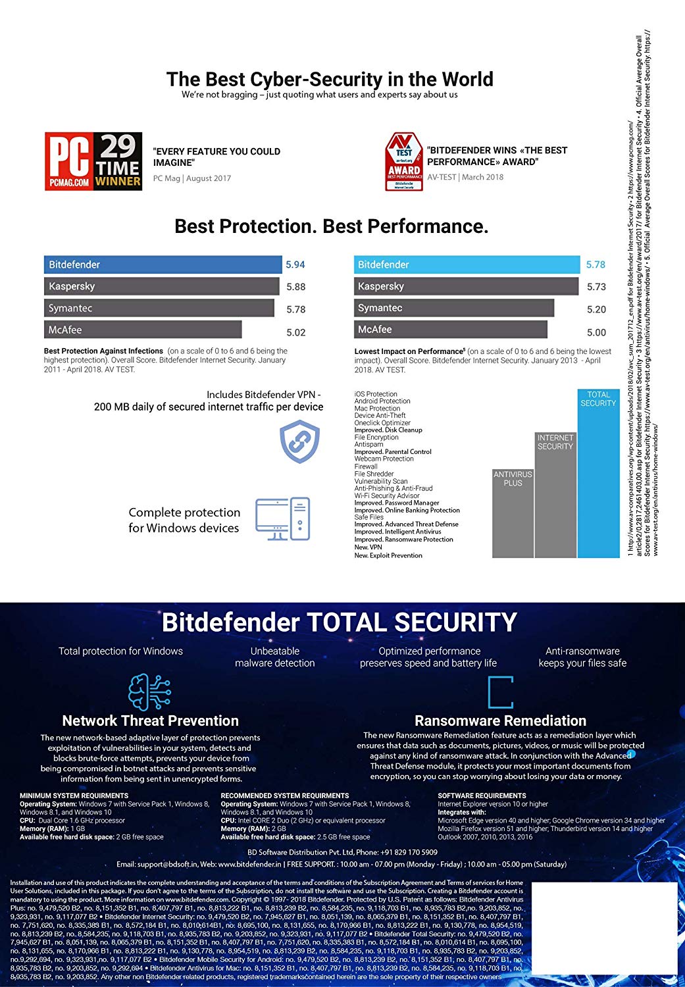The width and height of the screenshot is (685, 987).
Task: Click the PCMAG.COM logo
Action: pyautogui.click(x=69, y=161)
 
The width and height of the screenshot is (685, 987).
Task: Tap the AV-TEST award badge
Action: pyautogui.click(x=404, y=162)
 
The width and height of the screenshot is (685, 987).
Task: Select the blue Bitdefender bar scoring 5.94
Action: pyautogui.click(x=163, y=265)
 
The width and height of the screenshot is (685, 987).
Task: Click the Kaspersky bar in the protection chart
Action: pyautogui.click(x=161, y=286)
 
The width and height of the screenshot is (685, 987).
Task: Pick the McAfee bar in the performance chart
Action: pyautogui.click(x=450, y=330)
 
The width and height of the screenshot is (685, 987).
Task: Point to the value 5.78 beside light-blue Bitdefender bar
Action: pyautogui.click(x=596, y=265)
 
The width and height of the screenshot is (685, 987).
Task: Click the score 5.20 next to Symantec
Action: pyautogui.click(x=596, y=309)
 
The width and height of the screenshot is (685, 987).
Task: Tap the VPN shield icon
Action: pyautogui.click(x=299, y=442)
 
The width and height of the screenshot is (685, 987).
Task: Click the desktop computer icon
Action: pyautogui.click(x=282, y=519)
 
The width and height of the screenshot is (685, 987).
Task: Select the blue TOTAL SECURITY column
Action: pyautogui.click(x=598, y=474)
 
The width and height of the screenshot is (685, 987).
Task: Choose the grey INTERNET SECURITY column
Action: pyautogui.click(x=555, y=495)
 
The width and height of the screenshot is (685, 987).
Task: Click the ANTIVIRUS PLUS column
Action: pyautogui.click(x=513, y=513)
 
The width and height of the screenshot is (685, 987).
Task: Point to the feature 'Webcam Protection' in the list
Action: pyautogui.click(x=384, y=459)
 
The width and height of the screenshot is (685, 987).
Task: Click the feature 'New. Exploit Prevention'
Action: pyautogui.click(x=388, y=555)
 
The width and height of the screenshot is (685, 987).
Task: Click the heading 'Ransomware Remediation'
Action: pyautogui.click(x=500, y=721)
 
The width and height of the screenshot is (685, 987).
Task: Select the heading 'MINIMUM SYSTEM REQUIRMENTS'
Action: pyautogui.click(x=74, y=796)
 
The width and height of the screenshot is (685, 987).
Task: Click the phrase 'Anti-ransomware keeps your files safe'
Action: pyautogui.click(x=582, y=657)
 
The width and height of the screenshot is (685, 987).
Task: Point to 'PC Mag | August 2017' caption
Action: pyautogui.click(x=192, y=178)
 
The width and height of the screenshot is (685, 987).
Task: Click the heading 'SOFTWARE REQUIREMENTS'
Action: pyautogui.click(x=482, y=796)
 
